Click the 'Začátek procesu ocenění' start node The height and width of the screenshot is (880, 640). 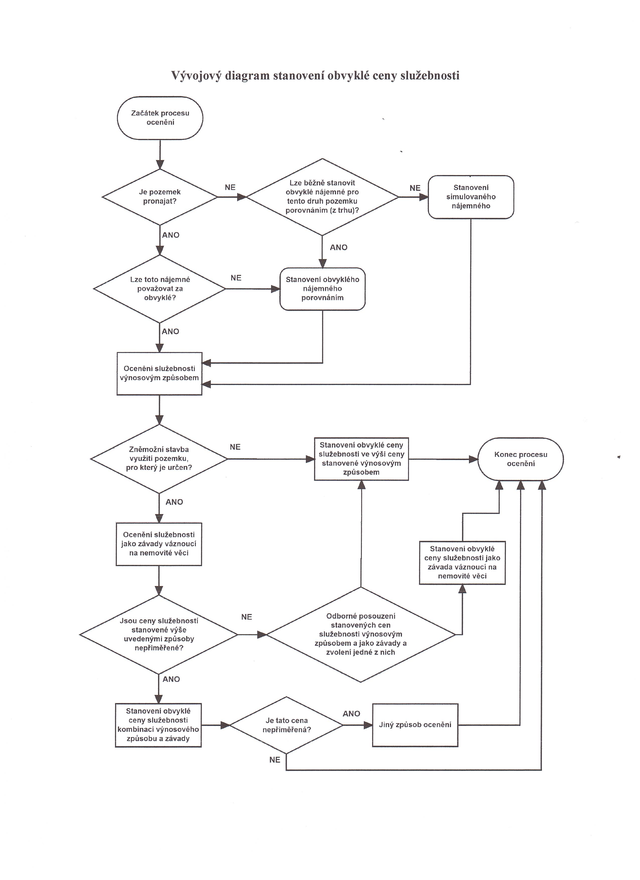[160, 118]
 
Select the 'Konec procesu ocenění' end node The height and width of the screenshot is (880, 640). [520, 459]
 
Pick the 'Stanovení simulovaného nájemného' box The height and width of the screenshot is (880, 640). [471, 197]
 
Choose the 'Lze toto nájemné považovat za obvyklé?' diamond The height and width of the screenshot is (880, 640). [159, 289]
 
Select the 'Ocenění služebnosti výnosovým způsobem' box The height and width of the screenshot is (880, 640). [159, 373]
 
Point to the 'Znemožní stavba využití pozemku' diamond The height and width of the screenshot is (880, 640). [159, 459]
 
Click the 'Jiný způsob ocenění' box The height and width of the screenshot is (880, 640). [415, 725]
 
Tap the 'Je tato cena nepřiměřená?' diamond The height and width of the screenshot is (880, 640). [286, 725]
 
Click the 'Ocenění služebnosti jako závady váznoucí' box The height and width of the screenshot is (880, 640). [159, 544]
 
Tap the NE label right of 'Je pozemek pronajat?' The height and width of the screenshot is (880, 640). [230, 188]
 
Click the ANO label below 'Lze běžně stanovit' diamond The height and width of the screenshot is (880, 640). [339, 247]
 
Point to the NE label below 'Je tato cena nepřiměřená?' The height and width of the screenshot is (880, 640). [275, 760]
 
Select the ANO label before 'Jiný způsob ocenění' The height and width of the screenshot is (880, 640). [351, 714]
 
